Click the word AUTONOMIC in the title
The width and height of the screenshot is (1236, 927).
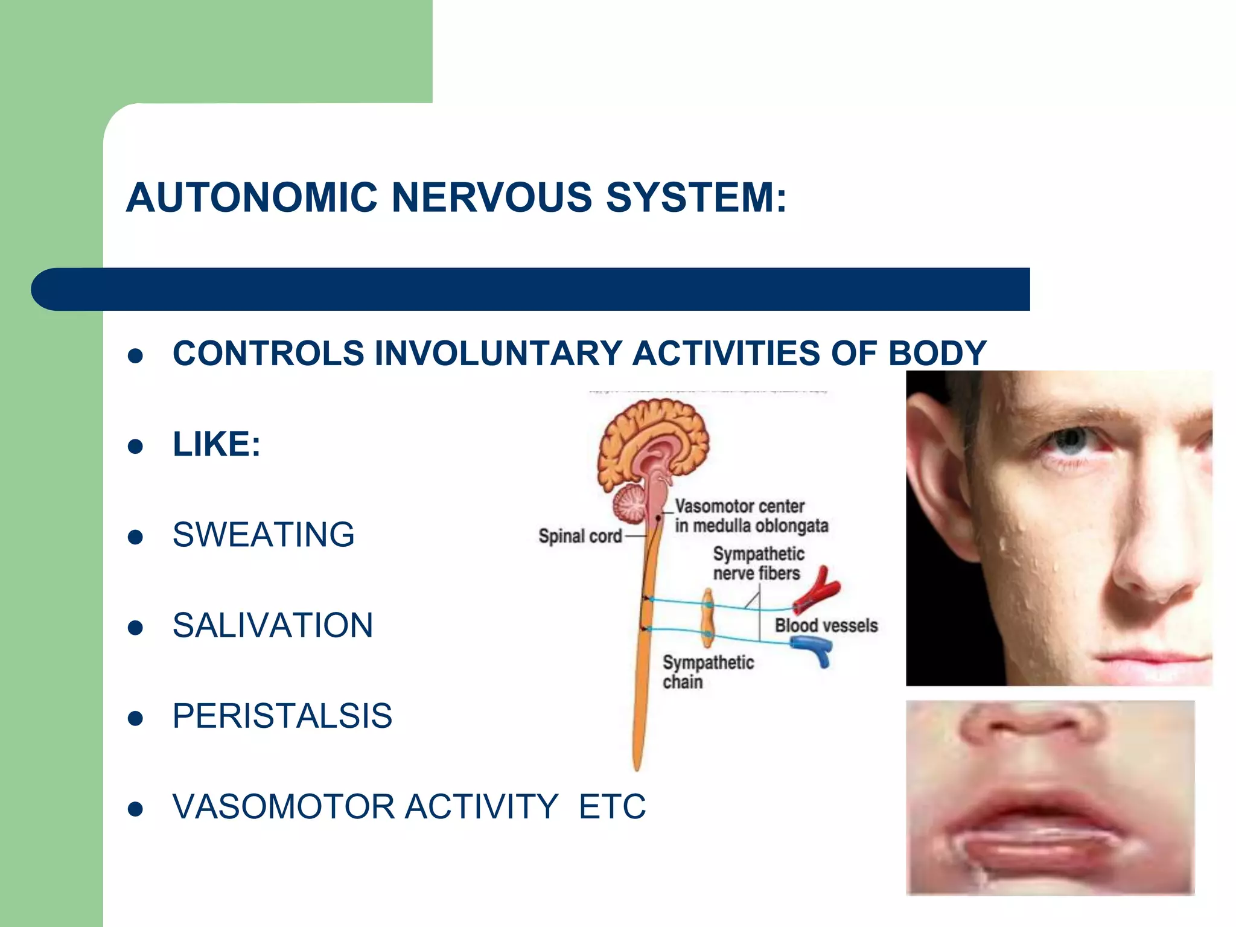tap(252, 197)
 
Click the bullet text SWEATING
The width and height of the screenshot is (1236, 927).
tap(264, 535)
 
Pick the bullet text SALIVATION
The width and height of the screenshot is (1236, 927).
tap(273, 625)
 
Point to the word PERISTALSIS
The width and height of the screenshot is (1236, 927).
tap(282, 716)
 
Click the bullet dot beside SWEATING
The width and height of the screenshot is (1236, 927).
tap(136, 537)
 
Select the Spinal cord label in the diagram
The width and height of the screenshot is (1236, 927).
tap(579, 536)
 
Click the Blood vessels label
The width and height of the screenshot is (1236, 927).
tap(826, 625)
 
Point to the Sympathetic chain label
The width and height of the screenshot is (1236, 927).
tap(707, 672)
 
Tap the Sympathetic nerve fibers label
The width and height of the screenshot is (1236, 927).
tap(758, 563)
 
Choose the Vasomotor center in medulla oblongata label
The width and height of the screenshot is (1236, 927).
tap(751, 516)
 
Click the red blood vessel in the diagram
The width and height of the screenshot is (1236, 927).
tap(816, 590)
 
